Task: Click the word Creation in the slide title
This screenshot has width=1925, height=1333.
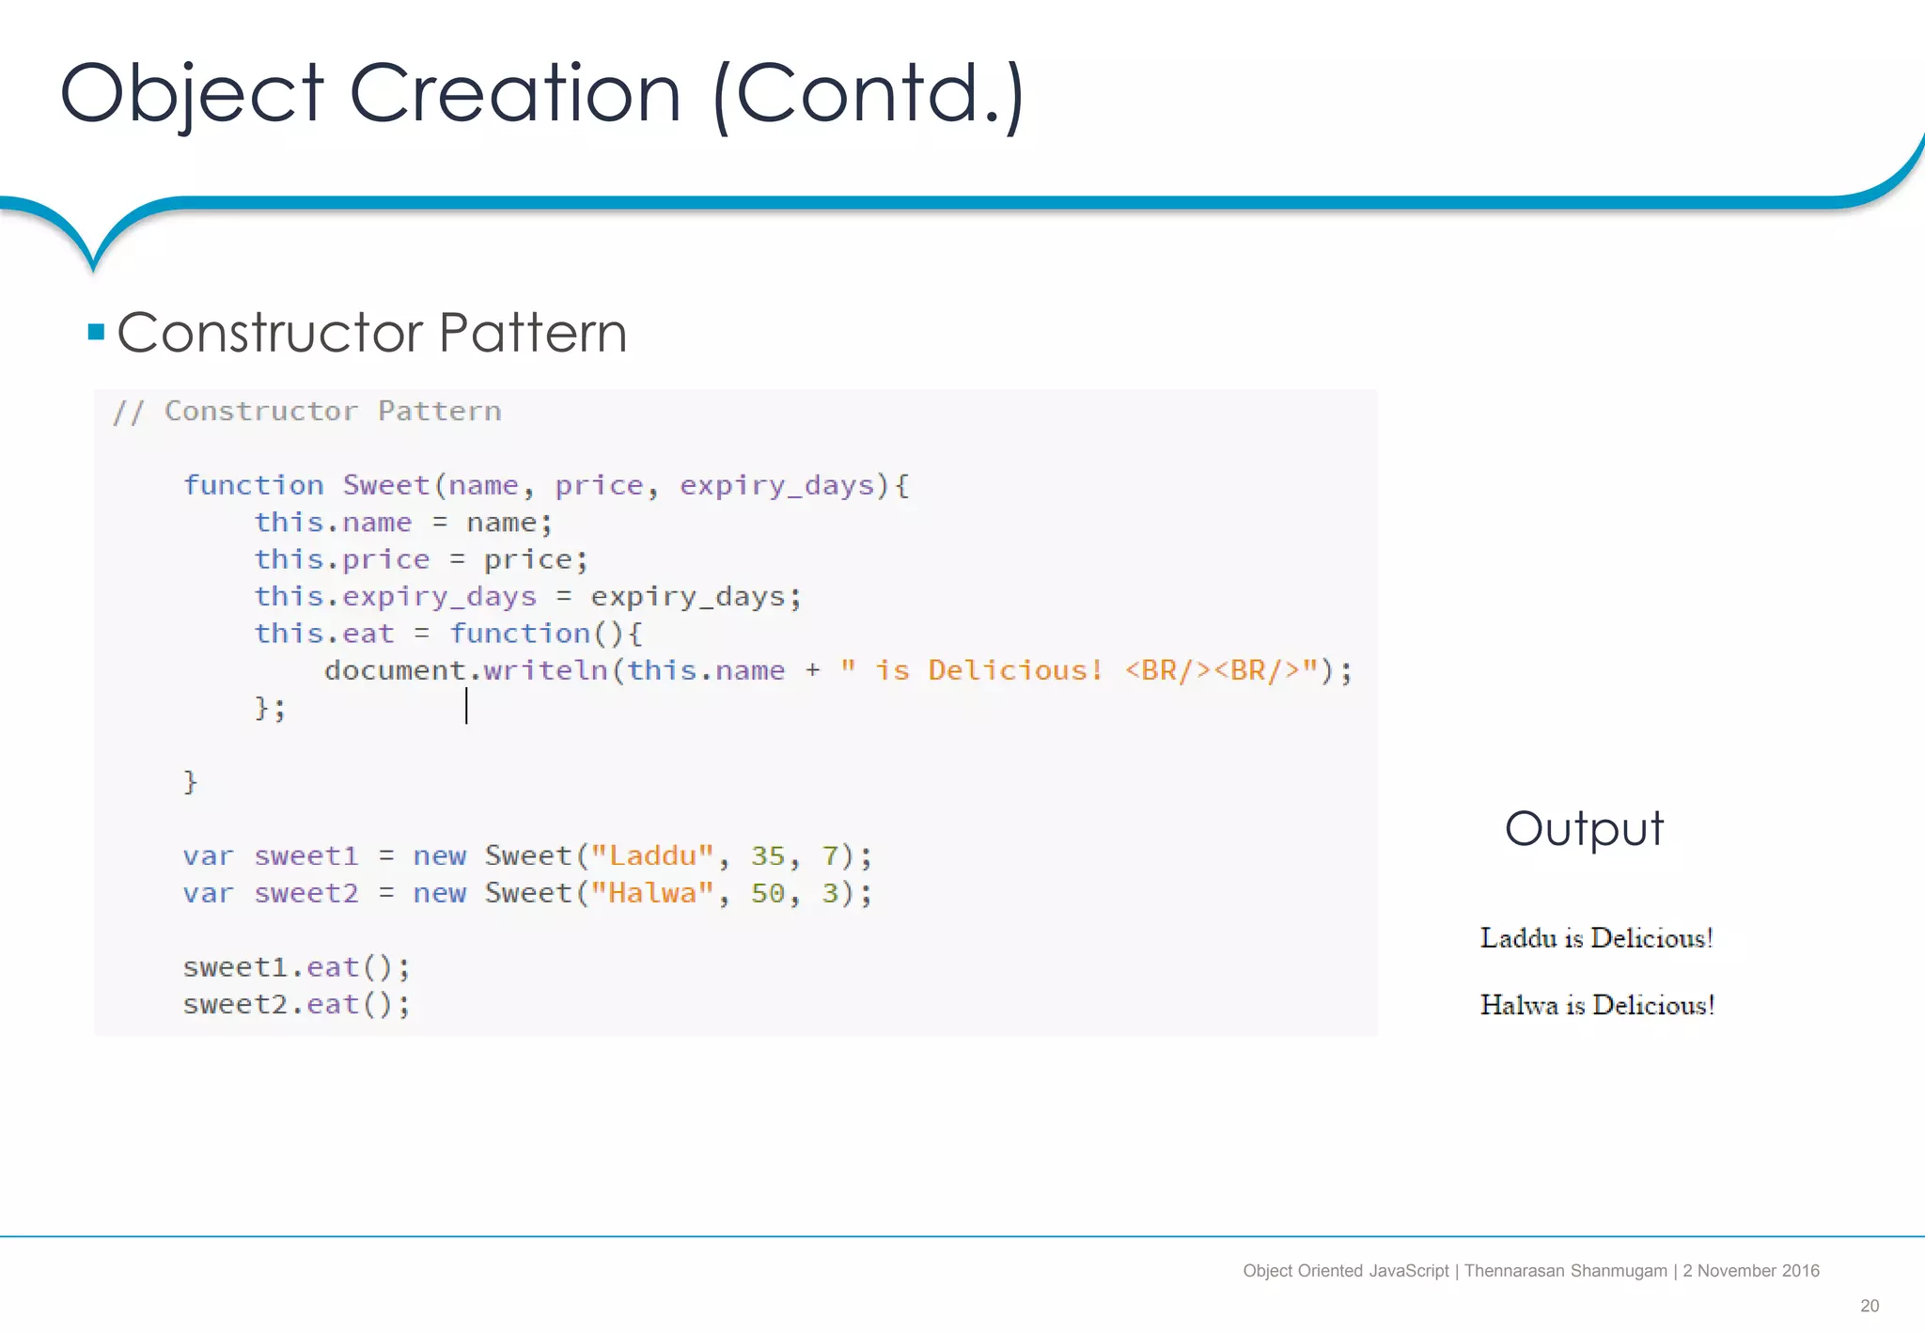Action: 514,93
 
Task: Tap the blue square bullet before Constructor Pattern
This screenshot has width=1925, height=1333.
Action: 96,332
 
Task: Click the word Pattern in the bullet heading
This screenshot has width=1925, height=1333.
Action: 532,333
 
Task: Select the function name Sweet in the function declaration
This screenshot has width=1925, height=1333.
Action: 385,485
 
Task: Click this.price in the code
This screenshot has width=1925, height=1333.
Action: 341,559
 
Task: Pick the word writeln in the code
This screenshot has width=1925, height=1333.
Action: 545,670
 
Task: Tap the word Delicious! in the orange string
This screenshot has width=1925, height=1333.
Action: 1015,670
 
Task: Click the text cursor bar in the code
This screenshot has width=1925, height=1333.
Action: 466,706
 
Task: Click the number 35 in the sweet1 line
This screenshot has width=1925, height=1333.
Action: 767,855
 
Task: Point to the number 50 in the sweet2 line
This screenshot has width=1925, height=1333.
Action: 767,893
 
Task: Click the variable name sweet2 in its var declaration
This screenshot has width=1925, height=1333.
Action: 306,893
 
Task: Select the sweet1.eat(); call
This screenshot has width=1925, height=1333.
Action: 296,967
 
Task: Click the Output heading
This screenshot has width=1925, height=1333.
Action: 1584,829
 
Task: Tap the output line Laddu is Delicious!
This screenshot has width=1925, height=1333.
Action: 1596,938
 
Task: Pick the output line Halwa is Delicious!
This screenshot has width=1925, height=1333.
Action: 1597,1005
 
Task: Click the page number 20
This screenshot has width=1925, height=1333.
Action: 1869,1306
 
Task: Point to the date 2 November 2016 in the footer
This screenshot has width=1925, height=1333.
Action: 1750,1271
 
